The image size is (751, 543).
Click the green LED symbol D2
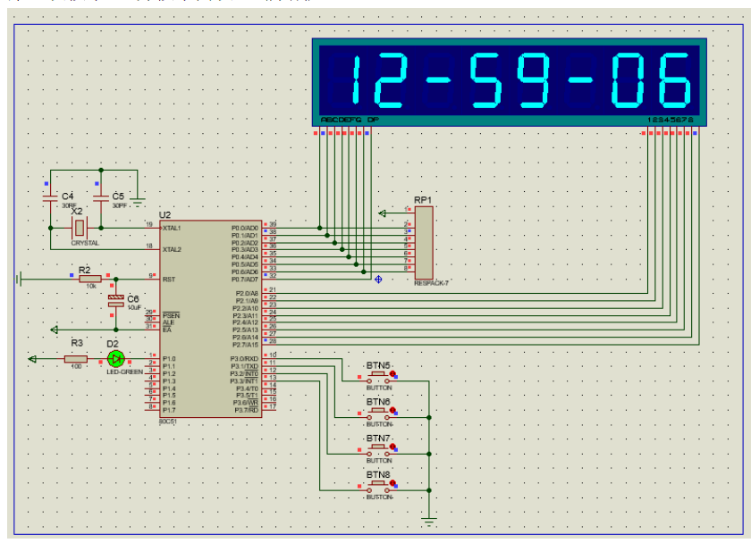[x=114, y=358]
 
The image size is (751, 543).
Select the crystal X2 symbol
[x=80, y=228]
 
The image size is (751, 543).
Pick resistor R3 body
[x=76, y=359]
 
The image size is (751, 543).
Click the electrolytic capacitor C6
[x=115, y=300]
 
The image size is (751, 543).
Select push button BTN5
[x=378, y=374]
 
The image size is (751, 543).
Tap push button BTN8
[x=378, y=484]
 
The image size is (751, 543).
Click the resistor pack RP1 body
[x=424, y=242]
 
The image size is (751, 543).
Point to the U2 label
[x=165, y=215]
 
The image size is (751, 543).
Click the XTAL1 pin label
[x=171, y=228]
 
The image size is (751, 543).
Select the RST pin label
[x=167, y=279]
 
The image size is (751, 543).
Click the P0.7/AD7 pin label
[x=244, y=280]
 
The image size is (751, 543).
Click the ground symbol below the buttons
[x=430, y=519]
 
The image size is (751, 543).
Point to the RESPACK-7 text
[x=432, y=283]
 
